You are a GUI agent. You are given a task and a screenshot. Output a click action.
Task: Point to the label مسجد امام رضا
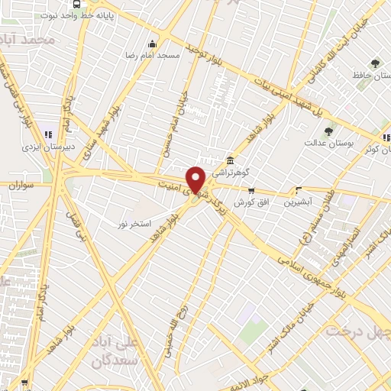pos(153,56)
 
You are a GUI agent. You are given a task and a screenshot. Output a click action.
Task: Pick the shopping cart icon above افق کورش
pos(252,190)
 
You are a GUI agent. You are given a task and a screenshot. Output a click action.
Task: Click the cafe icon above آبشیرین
pos(299,190)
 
